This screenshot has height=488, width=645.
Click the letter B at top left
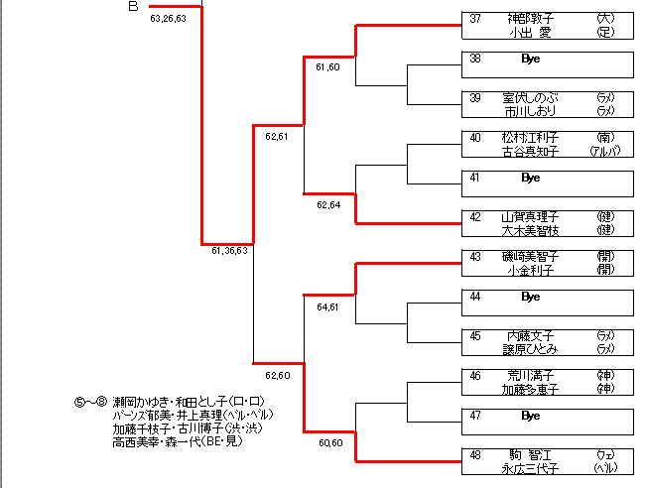133,7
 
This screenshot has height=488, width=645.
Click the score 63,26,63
168,18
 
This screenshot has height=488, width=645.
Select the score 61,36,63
229,251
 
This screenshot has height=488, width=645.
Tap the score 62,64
328,205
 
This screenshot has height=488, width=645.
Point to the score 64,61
328,307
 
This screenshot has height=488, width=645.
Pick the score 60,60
330,443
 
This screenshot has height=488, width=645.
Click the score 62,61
277,137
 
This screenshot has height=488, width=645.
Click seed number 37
475,19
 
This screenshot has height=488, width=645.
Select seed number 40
475,138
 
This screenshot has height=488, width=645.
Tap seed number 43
475,257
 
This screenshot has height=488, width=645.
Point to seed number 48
475,455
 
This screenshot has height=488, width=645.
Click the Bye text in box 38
530,59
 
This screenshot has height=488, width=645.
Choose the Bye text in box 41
530,178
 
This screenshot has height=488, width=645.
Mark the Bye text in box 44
530,297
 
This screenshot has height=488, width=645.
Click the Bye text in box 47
530,416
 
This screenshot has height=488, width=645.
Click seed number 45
475,336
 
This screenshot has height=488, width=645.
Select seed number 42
475,217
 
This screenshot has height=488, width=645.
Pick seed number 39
475,98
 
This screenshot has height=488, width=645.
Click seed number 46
475,376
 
